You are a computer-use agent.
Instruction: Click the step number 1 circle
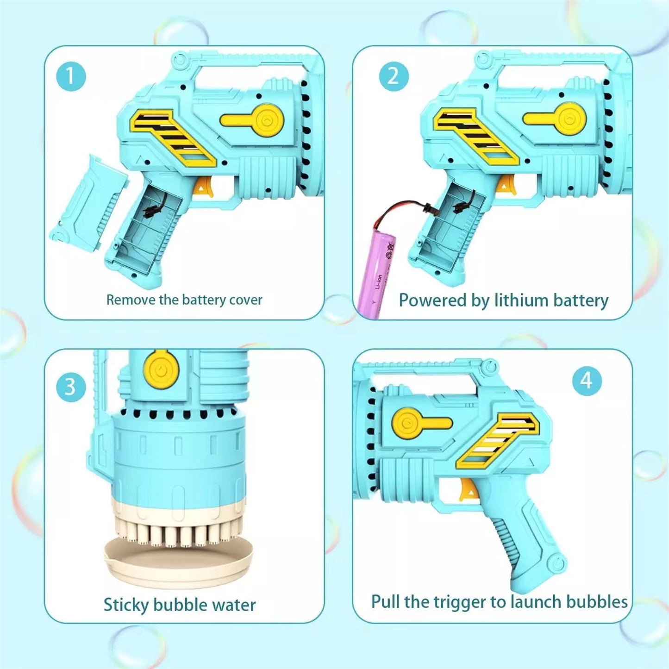coord(71,76)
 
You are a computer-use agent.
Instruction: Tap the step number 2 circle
coord(393,76)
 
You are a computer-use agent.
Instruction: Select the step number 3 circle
coord(71,386)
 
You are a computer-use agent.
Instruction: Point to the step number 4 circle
coord(587,381)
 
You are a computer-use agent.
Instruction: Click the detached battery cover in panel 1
coord(88,204)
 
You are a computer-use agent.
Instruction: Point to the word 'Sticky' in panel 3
coord(126,605)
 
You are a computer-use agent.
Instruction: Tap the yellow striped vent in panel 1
coord(174,137)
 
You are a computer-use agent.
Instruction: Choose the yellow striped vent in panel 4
coord(498,440)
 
